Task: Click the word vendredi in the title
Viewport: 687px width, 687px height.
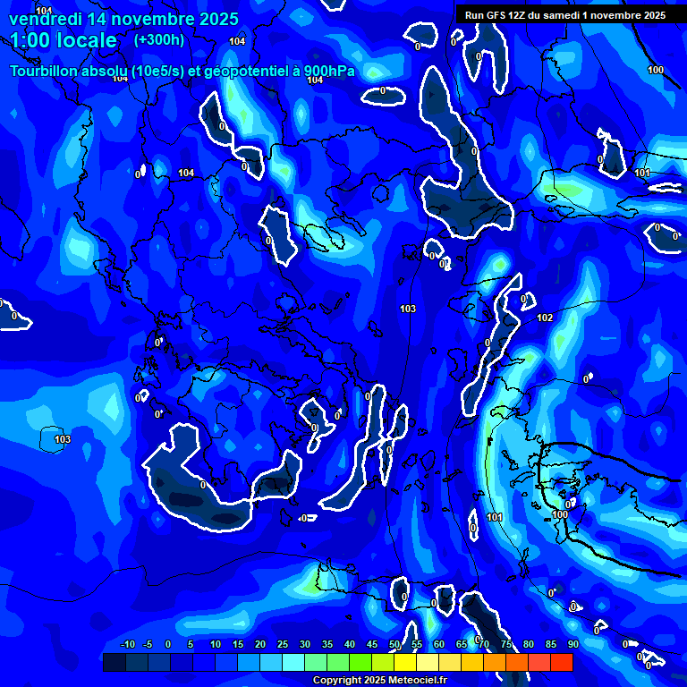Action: [x=46, y=19]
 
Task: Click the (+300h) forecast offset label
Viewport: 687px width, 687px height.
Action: [x=158, y=40]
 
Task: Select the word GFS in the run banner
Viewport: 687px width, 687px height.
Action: [x=495, y=15]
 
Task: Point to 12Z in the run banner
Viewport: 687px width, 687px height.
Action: [x=517, y=15]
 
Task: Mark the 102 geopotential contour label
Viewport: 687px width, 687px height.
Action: [x=545, y=318]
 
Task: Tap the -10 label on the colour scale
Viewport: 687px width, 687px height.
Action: [x=127, y=644]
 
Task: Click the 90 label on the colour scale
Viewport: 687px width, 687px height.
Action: [x=572, y=644]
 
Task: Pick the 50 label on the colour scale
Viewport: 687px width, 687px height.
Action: [x=394, y=644]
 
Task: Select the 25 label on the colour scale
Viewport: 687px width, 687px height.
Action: [x=283, y=644]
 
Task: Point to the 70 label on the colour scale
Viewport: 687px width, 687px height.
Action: [x=484, y=644]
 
